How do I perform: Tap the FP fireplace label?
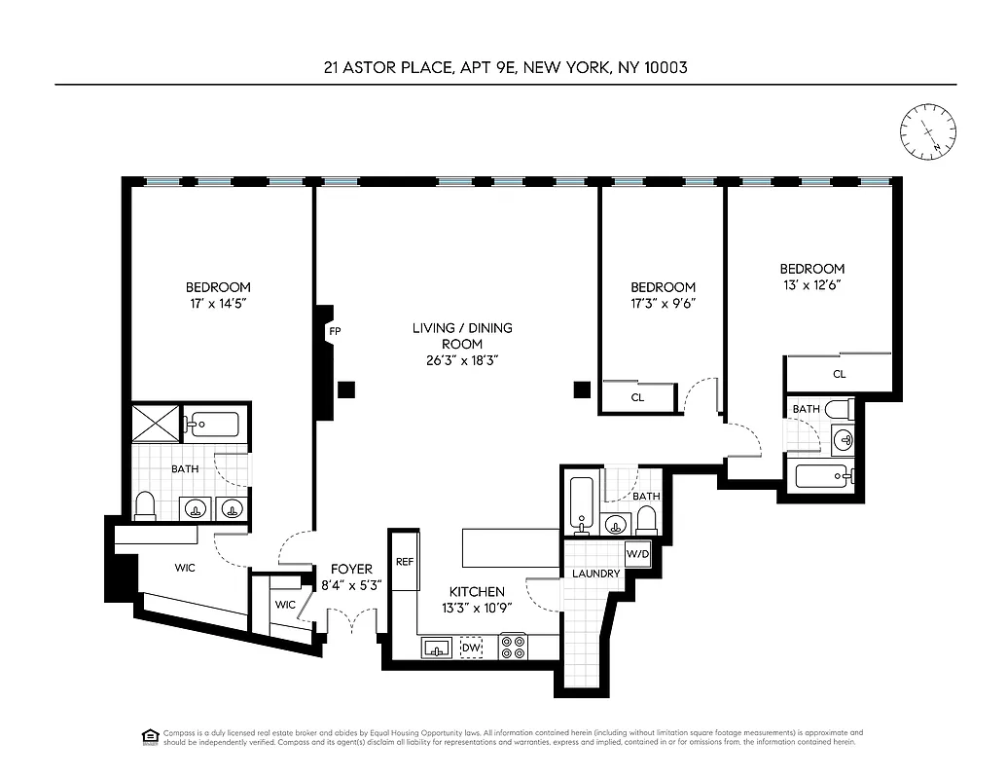(334, 332)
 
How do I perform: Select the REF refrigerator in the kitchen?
(405, 562)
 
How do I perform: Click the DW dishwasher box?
(472, 647)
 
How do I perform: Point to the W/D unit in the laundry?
(638, 554)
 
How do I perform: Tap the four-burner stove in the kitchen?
(513, 647)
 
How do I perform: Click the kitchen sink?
(437, 647)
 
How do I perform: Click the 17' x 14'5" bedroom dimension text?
(218, 304)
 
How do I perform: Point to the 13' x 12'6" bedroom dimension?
(810, 285)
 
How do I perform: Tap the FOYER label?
(351, 569)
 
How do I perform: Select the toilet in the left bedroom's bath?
(145, 504)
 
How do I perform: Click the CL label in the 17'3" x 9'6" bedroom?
(637, 397)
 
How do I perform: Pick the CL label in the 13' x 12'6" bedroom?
(839, 374)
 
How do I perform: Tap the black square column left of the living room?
(346, 390)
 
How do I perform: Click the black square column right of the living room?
(582, 390)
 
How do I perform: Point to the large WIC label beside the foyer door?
(185, 568)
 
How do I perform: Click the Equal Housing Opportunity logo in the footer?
(150, 735)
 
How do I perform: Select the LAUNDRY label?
(595, 574)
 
